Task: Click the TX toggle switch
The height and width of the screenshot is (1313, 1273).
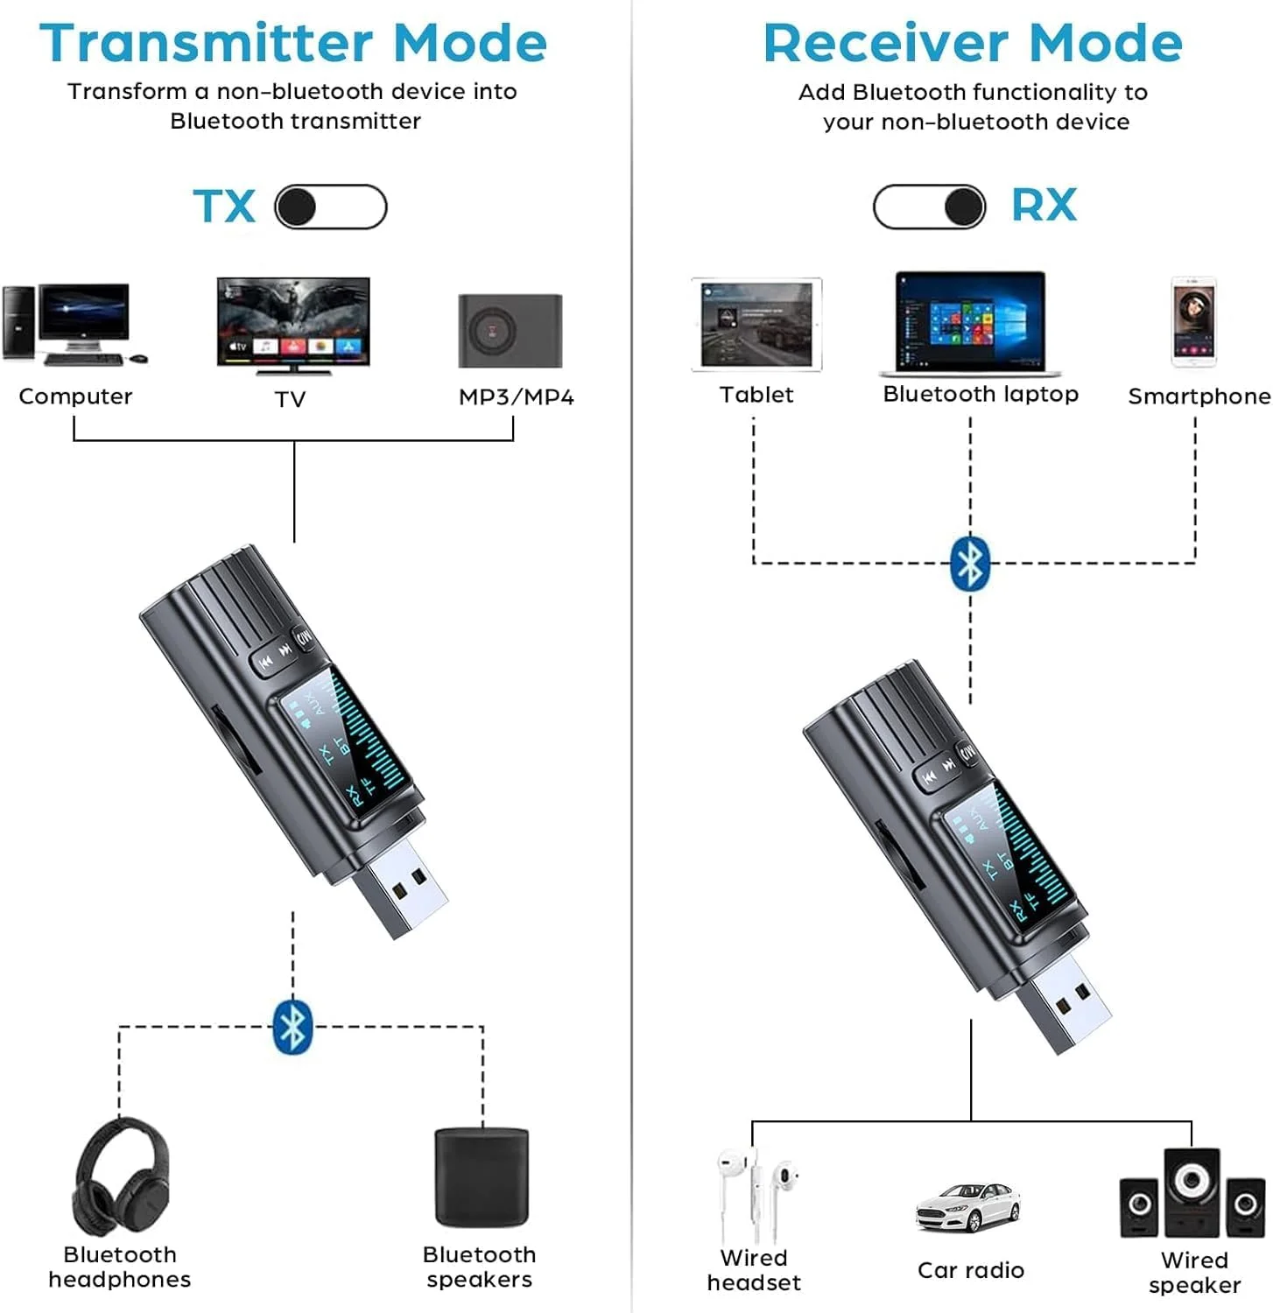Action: (x=331, y=207)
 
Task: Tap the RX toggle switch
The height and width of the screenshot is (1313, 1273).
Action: (x=929, y=207)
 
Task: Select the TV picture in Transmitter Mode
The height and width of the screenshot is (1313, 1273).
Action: (x=293, y=325)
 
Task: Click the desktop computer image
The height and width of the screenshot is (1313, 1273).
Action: (x=74, y=324)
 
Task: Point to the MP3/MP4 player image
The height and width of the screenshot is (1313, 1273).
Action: (x=510, y=331)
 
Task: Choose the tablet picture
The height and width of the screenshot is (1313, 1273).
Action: (x=756, y=325)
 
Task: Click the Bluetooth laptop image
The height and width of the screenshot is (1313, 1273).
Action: (x=970, y=323)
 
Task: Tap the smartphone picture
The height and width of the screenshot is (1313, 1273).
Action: (x=1194, y=322)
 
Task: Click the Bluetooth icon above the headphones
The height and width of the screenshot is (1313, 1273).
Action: (x=292, y=1026)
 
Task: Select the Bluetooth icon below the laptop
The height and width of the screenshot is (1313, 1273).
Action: (x=970, y=563)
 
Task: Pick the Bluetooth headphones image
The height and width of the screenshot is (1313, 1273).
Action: (x=121, y=1178)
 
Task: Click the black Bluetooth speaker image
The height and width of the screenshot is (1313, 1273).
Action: (x=482, y=1177)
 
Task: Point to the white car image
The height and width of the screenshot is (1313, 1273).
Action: (x=967, y=1208)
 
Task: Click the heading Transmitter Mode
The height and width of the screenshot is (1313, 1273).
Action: (x=293, y=43)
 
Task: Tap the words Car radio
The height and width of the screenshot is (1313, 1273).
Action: (x=970, y=1270)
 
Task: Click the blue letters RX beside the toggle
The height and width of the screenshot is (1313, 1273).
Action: (x=1044, y=206)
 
